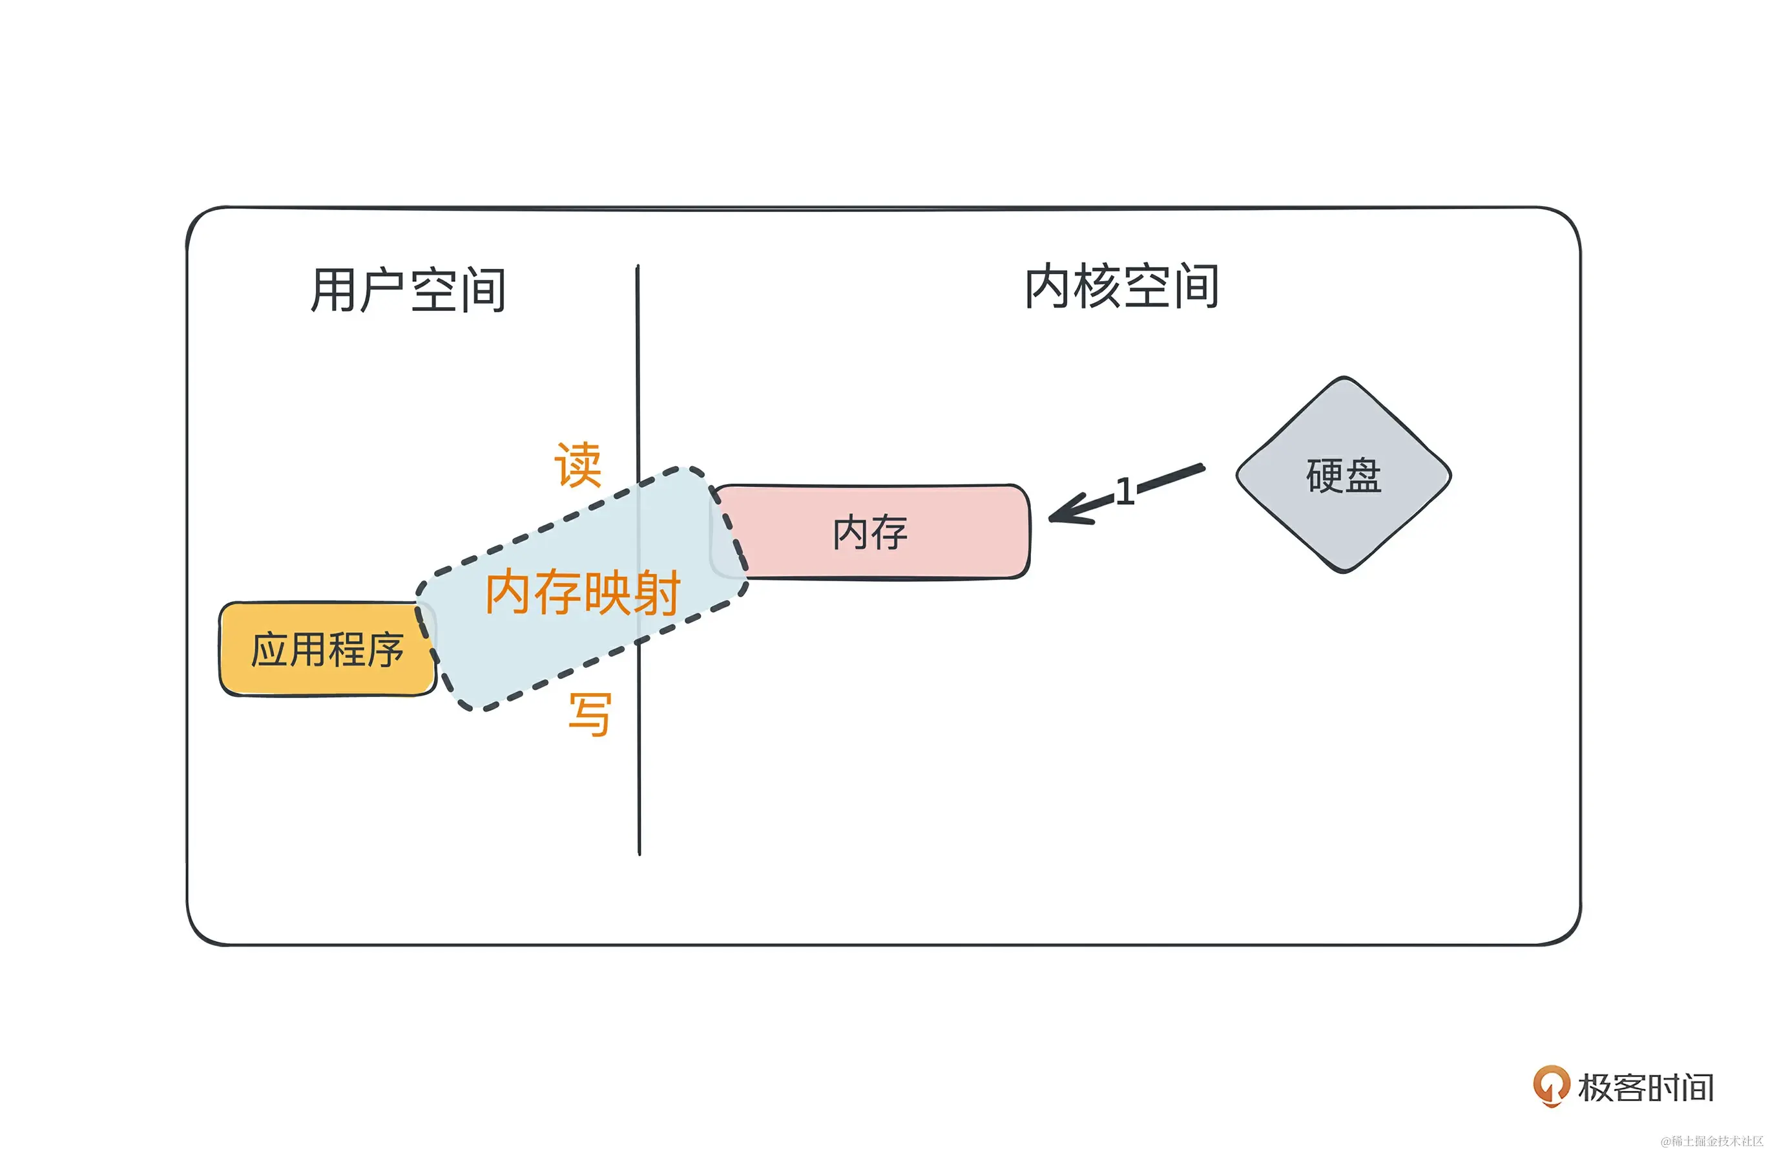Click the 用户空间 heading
pos(408,290)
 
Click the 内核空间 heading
pos(1121,286)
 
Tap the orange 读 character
pos(578,465)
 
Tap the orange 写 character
pos(590,714)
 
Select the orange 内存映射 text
pos(583,592)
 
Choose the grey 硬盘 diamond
pos(1343,476)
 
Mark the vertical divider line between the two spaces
pos(638,780)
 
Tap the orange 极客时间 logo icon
pos(1551,1086)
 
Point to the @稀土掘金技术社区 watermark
pos(1712,1141)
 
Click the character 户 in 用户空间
pos(382,290)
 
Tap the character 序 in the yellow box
pos(385,650)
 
